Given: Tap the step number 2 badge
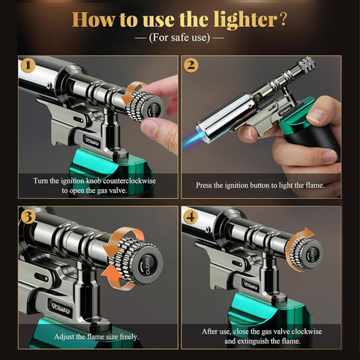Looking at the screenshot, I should point(191,66).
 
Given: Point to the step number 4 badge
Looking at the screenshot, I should point(191,218).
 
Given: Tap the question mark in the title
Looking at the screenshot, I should point(283,16).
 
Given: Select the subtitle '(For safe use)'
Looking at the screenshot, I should point(179,36).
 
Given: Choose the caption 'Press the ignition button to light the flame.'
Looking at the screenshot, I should point(260,184).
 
